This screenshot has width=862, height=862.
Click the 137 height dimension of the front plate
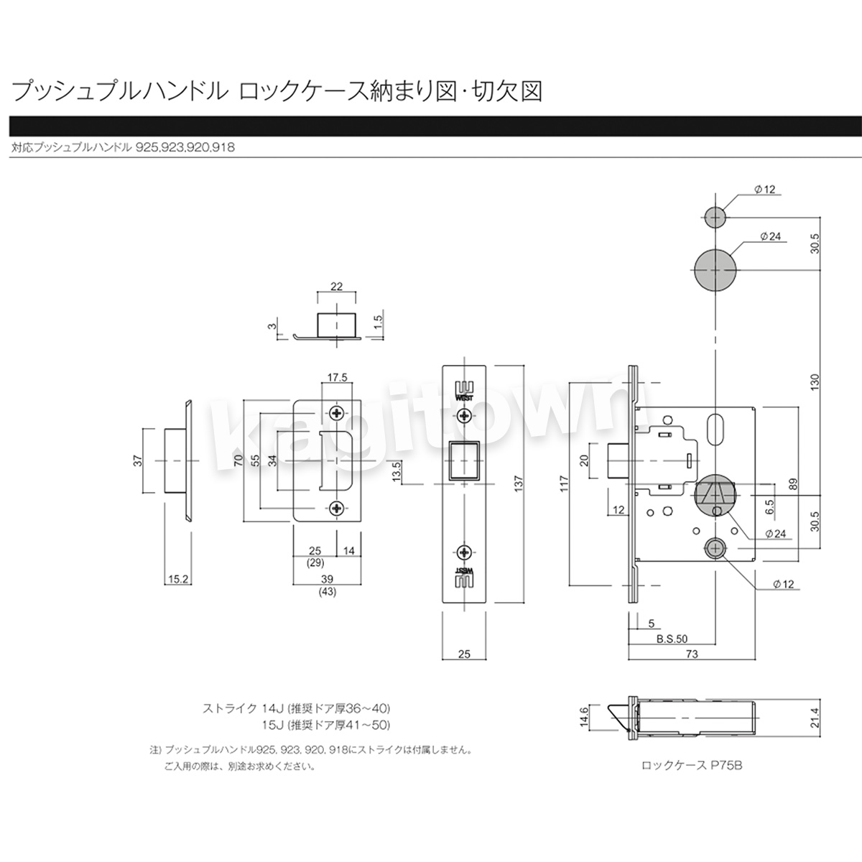(x=519, y=483)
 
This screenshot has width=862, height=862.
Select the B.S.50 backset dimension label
(x=672, y=639)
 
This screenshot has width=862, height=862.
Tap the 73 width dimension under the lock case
(x=692, y=654)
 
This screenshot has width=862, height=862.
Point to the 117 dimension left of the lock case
(x=564, y=483)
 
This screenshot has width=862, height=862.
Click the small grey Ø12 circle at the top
(x=715, y=218)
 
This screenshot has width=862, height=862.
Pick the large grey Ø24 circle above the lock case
(x=715, y=270)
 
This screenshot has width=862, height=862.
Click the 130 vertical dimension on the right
(x=814, y=381)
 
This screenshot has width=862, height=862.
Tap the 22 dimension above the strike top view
(x=336, y=287)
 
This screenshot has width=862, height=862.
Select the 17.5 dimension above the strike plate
(x=337, y=378)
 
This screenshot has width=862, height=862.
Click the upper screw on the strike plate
(x=336, y=412)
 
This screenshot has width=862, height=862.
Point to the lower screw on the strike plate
(x=336, y=508)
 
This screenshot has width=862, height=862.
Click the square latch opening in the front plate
(x=464, y=460)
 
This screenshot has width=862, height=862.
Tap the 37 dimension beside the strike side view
(x=138, y=460)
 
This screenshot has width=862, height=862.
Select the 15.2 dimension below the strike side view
(x=178, y=579)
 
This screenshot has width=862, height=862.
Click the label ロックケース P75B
(x=692, y=765)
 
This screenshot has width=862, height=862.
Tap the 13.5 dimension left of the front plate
(x=396, y=471)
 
